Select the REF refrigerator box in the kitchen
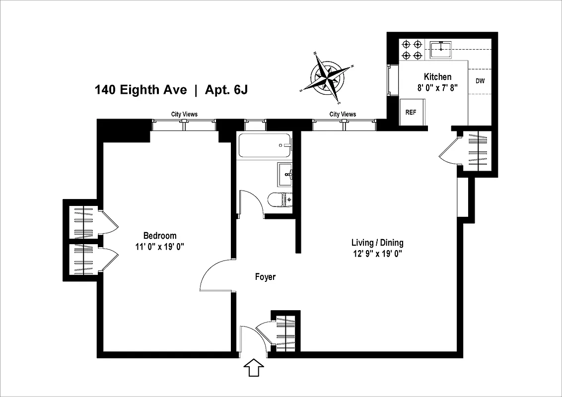click(x=411, y=113)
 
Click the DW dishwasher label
click(x=480, y=81)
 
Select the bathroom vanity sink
click(x=285, y=174)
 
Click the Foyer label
click(x=265, y=277)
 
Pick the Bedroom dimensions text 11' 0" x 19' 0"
click(x=160, y=246)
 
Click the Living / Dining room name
click(x=377, y=243)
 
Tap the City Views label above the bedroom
click(x=184, y=114)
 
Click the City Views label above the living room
click(x=343, y=114)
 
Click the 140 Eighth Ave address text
click(x=140, y=90)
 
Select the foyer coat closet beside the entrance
click(x=286, y=331)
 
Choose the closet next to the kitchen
click(x=477, y=152)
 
